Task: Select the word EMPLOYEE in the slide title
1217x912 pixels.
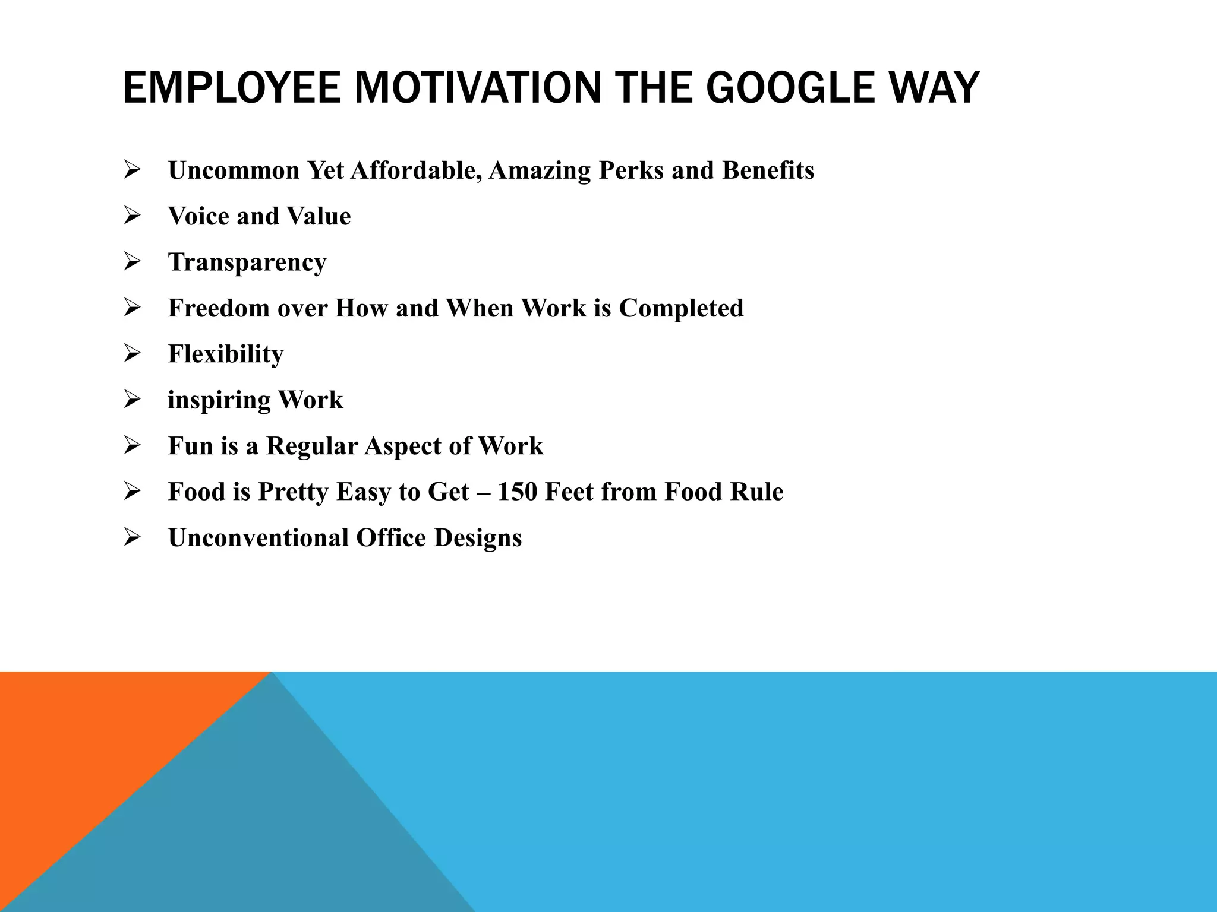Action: click(232, 88)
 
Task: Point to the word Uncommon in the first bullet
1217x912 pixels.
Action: click(234, 170)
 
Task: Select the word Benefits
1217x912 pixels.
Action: click(768, 170)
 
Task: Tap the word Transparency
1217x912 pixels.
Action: click(247, 262)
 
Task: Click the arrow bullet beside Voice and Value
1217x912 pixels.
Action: click(132, 216)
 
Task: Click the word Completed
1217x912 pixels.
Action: click(681, 308)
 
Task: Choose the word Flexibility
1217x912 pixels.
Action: click(226, 354)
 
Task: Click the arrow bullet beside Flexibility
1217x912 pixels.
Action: click(132, 354)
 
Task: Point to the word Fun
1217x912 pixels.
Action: click(190, 446)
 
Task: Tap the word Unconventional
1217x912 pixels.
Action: click(258, 538)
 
